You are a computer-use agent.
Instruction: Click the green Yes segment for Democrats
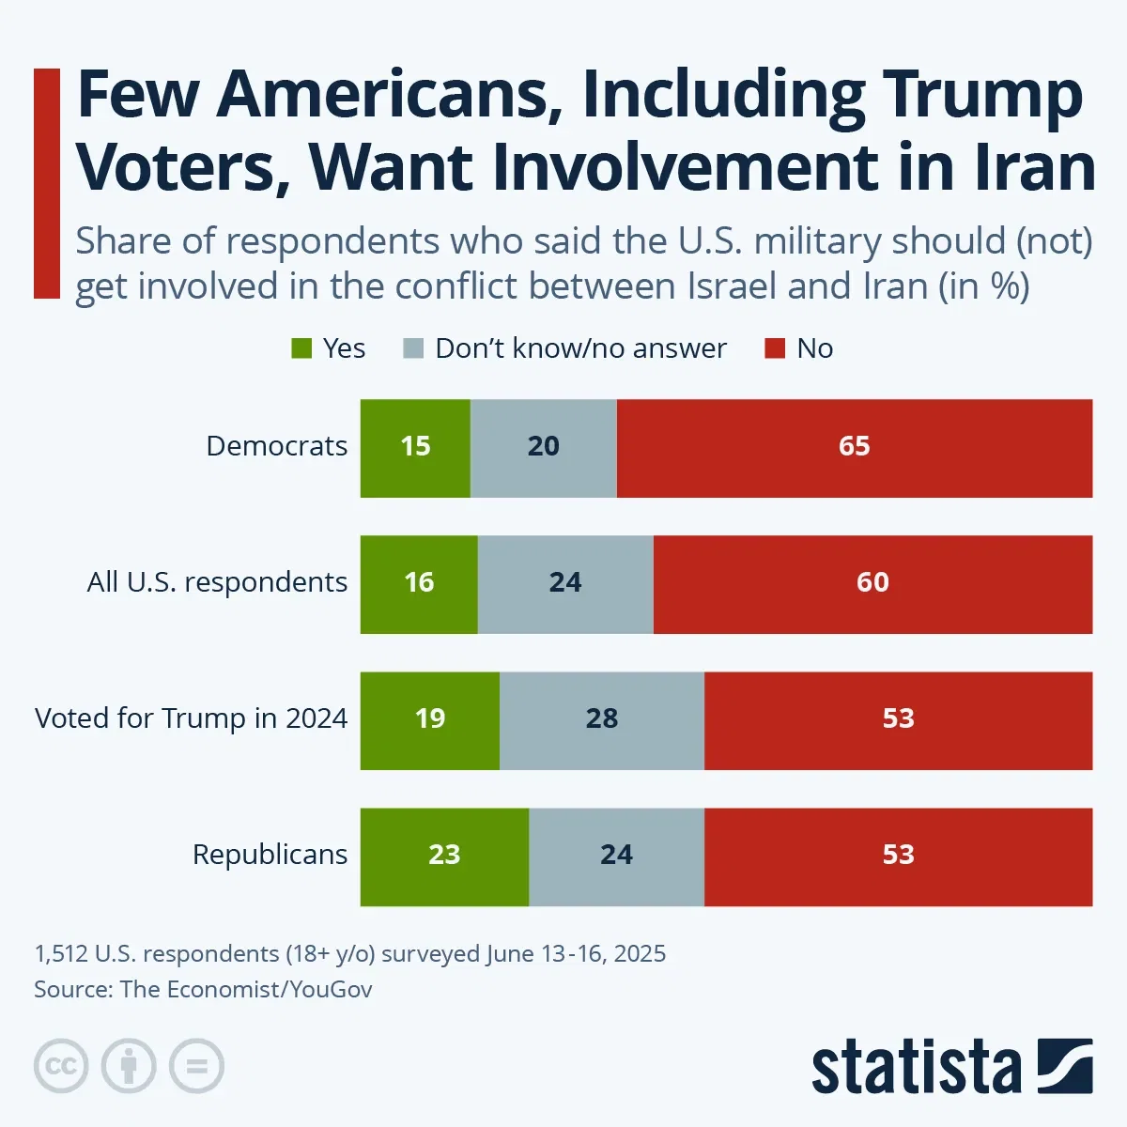[415, 448]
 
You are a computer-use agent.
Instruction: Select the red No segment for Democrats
[855, 448]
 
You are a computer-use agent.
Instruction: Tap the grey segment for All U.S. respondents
[565, 584]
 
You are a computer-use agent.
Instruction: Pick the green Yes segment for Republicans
[444, 857]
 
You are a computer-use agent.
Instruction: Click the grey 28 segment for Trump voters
[602, 720]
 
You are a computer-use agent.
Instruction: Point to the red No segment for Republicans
[898, 857]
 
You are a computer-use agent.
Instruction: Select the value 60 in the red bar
[872, 582]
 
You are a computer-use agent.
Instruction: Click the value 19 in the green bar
[430, 718]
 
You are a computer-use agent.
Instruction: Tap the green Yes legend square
[301, 349]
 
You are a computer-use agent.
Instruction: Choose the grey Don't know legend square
[413, 349]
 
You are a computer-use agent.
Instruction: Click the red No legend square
[775, 349]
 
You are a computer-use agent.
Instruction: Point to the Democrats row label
[276, 446]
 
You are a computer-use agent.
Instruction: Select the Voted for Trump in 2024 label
[191, 718]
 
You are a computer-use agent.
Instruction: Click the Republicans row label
[270, 855]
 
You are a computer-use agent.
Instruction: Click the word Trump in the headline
[982, 96]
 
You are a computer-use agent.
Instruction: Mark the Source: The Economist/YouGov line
[203, 989]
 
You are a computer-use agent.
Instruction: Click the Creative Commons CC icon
[61, 1066]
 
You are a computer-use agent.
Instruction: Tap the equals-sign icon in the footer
[196, 1066]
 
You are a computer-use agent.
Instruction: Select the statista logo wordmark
[916, 1068]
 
